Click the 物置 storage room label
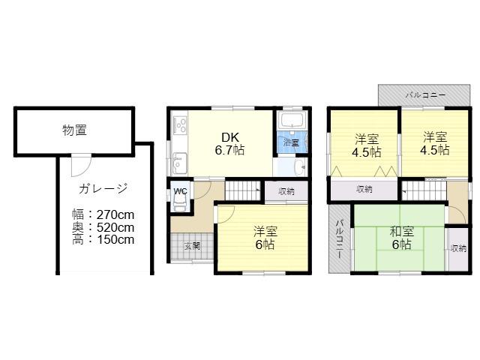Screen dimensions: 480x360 point(75,130)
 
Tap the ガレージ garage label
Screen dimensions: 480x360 point(103,188)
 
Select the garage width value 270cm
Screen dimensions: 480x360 point(115,215)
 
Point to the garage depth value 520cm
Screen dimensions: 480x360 point(115,227)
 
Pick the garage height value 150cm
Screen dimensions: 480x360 point(115,240)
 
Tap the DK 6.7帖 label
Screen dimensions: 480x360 point(229,144)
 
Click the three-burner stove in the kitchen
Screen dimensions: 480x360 point(180,124)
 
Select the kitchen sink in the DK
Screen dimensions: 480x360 point(179,163)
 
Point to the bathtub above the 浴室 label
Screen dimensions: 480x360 point(293,120)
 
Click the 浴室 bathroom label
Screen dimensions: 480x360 point(291,142)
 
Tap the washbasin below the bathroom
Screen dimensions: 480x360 point(299,167)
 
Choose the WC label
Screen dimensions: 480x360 point(180,192)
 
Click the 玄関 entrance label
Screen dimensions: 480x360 point(192,246)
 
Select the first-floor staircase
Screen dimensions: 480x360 point(242,190)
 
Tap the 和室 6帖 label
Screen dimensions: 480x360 point(402,238)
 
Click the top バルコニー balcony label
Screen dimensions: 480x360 point(425,95)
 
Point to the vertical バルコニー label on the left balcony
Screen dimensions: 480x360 point(339,239)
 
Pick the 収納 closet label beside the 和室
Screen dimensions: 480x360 point(458,248)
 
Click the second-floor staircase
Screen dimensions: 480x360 point(424,190)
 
